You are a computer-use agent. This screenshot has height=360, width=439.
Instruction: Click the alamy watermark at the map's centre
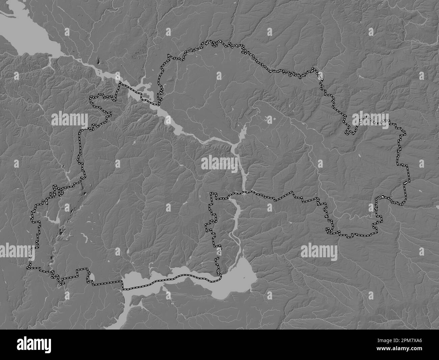pyautogui.click(x=219, y=163)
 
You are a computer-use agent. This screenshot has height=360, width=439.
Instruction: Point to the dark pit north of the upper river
pyautogui.click(x=98, y=61)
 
